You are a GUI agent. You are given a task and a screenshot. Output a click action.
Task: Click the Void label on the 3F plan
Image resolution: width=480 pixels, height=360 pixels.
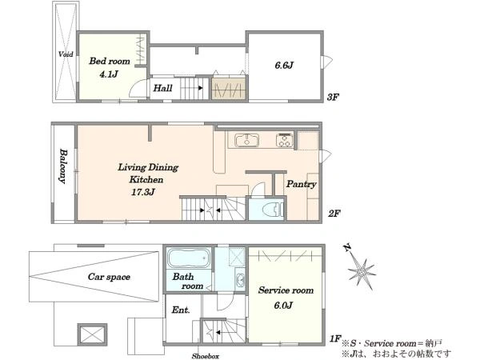tap(66, 54)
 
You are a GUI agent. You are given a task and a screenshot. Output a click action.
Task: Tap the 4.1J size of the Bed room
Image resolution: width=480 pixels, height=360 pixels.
tap(109, 74)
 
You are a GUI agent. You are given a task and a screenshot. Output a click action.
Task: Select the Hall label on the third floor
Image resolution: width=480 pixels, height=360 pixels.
tap(162, 88)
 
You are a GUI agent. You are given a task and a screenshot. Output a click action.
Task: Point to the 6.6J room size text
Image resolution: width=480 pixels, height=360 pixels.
tap(284, 66)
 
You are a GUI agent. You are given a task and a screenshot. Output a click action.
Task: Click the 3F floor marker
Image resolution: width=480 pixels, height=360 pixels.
tap(333, 98)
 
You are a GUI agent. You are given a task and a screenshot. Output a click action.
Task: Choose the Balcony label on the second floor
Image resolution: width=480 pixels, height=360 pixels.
tap(63, 166)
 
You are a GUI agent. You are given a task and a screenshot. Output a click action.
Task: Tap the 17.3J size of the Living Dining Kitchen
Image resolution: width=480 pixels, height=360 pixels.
tap(143, 192)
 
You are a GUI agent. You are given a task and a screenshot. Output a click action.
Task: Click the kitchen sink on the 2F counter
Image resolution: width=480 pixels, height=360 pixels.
tap(247, 141)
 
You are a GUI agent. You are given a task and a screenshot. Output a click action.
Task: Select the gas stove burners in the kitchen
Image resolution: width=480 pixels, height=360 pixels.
tap(285, 141)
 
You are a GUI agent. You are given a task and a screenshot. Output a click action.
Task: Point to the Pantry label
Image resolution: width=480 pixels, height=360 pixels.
tap(302, 184)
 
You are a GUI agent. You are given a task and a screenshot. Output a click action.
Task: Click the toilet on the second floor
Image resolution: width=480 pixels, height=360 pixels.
tap(274, 210)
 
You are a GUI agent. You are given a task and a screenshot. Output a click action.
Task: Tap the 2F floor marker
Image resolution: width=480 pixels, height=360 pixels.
tap(334, 213)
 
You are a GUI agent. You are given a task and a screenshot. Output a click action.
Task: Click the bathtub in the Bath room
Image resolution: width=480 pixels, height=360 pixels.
tap(189, 258)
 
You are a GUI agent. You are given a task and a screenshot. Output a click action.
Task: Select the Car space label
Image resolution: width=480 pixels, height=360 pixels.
tap(109, 277)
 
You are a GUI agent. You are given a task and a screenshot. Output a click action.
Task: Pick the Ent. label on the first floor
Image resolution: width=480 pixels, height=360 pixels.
tap(181, 310)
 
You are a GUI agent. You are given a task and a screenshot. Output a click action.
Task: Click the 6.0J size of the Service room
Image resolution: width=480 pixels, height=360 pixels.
tap(283, 306)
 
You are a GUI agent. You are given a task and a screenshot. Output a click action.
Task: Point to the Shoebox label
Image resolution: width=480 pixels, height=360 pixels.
tap(206, 356)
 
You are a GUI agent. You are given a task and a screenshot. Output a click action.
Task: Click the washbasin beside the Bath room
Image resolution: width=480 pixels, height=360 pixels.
tap(240, 280)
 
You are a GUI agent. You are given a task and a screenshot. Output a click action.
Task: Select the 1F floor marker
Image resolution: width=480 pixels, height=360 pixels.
tap(335, 338)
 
